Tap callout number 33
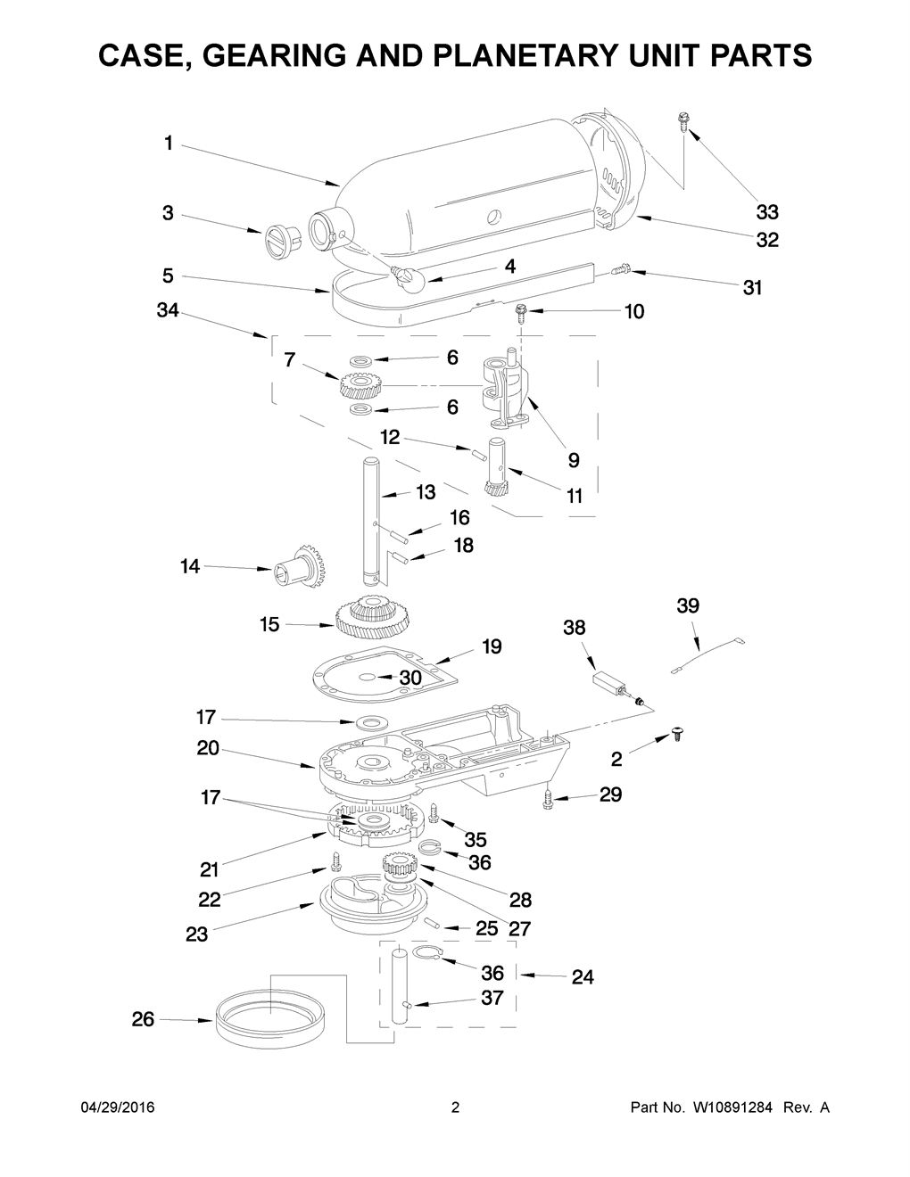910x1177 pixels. [x=767, y=213]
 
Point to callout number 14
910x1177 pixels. [x=190, y=566]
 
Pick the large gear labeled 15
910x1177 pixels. [x=374, y=618]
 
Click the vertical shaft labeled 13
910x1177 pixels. [x=371, y=522]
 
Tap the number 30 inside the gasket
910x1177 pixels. [x=410, y=678]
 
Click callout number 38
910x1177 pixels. [x=575, y=627]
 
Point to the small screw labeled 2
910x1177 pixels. [x=677, y=735]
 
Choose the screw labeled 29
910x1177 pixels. [x=548, y=800]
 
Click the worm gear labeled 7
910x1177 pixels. [x=362, y=387]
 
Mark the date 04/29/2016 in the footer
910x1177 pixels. [x=118, y=1107]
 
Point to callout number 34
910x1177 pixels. [x=168, y=310]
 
